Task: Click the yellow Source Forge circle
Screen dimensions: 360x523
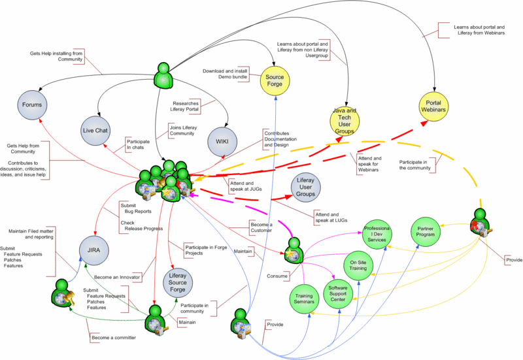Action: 275,80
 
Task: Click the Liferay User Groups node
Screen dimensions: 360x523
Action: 306,187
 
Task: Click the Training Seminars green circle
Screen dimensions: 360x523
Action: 304,299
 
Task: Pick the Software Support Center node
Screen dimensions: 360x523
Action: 342,294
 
